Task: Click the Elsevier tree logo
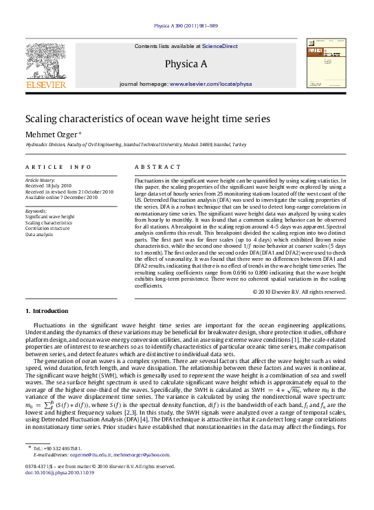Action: coord(45,61)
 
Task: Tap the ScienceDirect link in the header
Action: coord(220,46)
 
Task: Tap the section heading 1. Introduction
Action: coord(51,311)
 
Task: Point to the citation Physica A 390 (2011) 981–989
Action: coord(186,25)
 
